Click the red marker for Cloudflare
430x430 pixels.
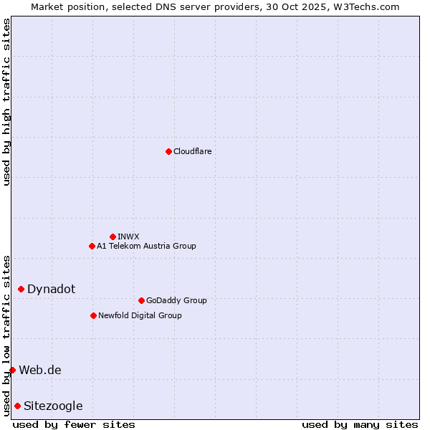point(168,151)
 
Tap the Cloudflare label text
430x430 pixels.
point(192,151)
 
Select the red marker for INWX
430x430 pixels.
point(113,236)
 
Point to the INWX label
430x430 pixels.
point(128,236)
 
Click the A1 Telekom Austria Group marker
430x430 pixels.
point(92,246)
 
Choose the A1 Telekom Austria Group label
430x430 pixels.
point(146,246)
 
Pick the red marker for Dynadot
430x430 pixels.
point(21,289)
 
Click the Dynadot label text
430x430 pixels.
point(51,289)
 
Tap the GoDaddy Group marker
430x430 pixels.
point(141,300)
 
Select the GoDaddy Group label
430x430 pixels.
point(176,300)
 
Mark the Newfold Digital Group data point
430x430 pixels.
point(93,315)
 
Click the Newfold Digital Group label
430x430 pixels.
point(140,315)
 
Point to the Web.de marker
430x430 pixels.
point(12,370)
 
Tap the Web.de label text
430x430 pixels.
point(40,370)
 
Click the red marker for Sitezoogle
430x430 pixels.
point(17,406)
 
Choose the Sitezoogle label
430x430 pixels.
point(53,406)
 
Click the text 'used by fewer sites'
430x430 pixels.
point(74,424)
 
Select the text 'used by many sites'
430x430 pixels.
point(360,424)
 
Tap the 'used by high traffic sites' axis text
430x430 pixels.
point(6,102)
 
